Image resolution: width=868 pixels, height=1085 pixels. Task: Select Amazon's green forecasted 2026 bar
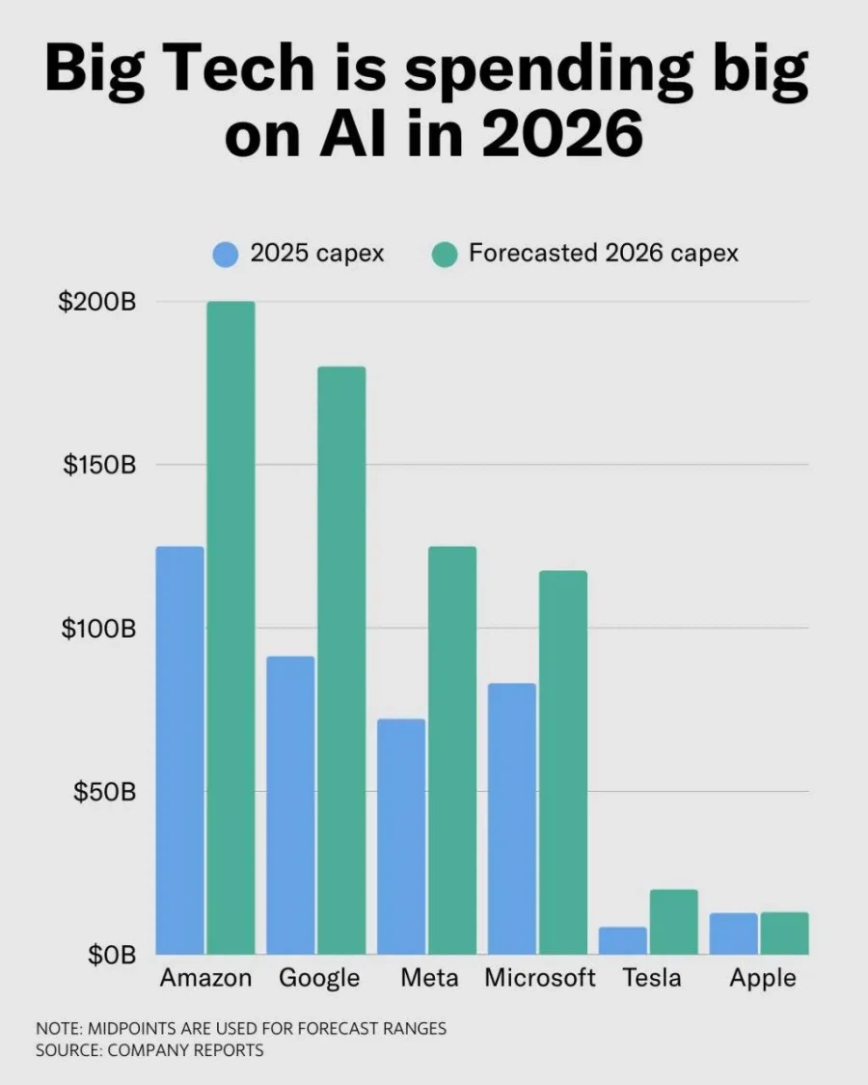(x=231, y=628)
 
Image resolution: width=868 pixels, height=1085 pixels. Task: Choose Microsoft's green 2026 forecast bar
(x=562, y=762)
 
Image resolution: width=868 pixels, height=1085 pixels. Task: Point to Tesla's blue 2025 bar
(x=623, y=940)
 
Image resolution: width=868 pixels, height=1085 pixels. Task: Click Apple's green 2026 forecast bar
(x=784, y=933)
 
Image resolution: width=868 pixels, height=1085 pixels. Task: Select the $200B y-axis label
(x=97, y=302)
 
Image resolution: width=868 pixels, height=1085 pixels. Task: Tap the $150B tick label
(x=98, y=465)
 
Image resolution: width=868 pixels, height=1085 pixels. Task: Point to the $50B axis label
(x=103, y=792)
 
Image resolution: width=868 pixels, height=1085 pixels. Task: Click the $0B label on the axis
(x=110, y=955)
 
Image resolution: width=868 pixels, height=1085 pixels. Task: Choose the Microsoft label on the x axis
(x=540, y=978)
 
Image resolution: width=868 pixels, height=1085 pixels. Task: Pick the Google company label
(x=319, y=978)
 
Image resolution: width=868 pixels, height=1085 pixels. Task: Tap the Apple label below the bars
(x=763, y=978)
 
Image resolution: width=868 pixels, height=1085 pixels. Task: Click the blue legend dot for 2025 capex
(x=225, y=255)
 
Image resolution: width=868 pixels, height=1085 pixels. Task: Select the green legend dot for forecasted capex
(x=445, y=255)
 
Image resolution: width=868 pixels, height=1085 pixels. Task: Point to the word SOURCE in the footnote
(x=68, y=1050)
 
